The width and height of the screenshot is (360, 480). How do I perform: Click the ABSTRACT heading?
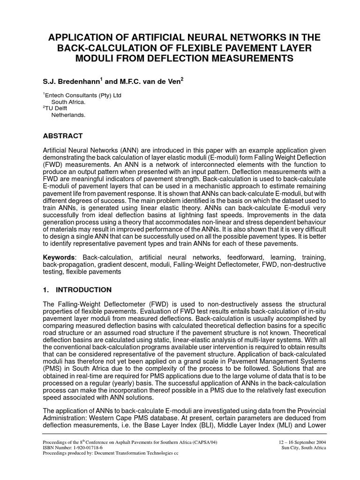[x=63, y=136]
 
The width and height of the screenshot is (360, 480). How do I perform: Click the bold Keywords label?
[x=59, y=257]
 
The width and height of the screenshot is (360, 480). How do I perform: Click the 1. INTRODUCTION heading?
[x=77, y=290]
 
